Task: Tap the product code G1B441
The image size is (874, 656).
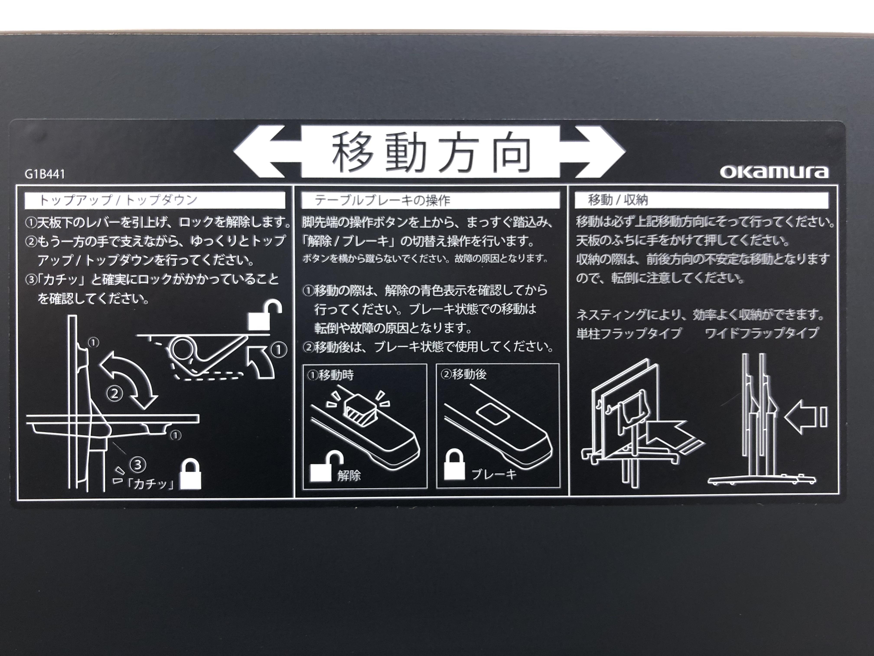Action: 45,174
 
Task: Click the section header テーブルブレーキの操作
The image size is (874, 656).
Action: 382,200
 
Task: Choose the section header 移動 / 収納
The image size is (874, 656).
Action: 618,200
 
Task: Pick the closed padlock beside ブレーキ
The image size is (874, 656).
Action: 454,465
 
